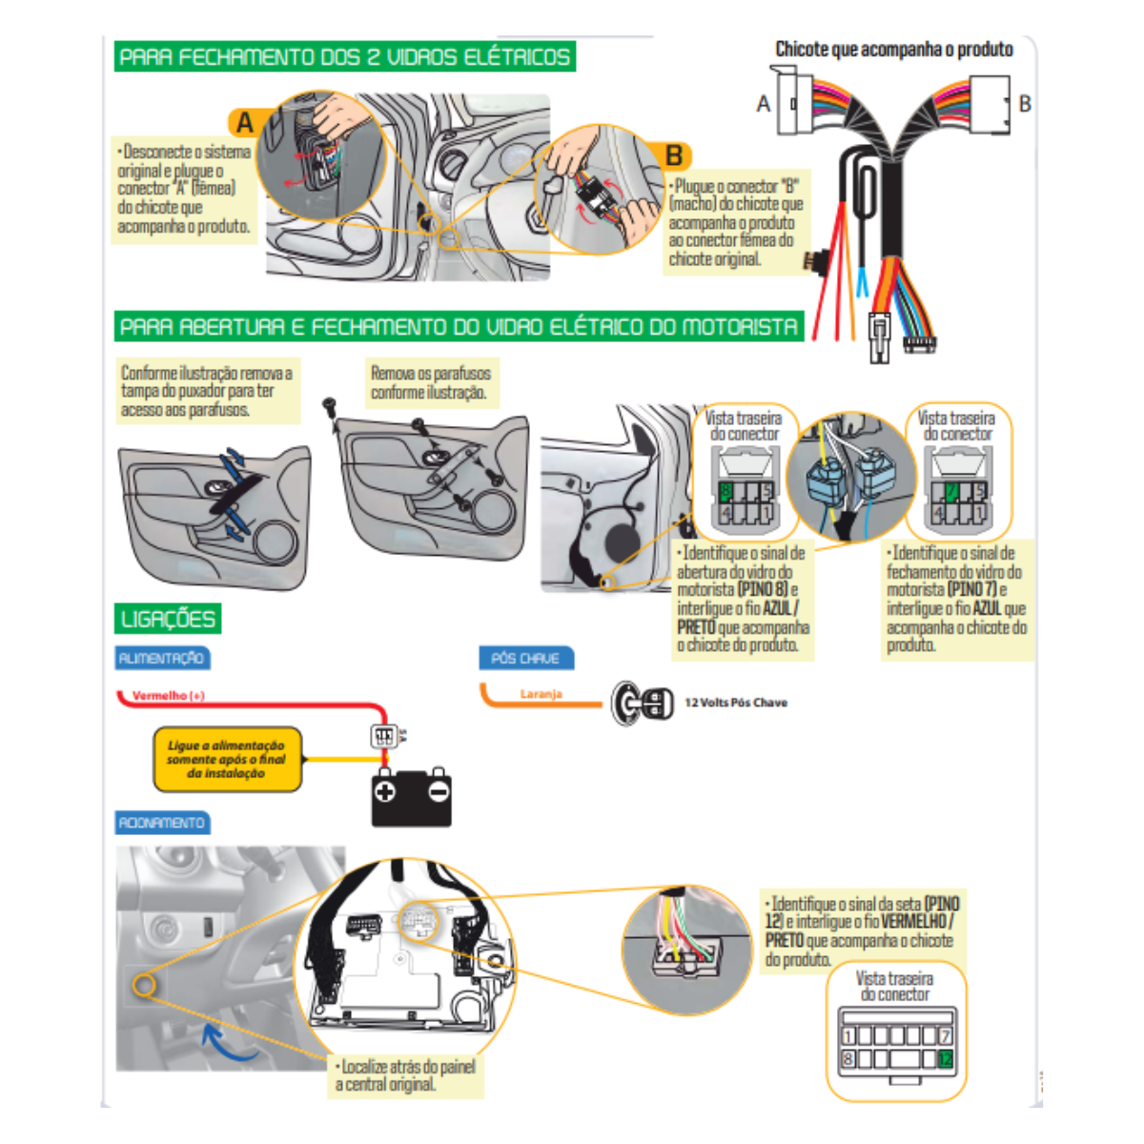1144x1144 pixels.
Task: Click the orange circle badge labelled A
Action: coord(245,123)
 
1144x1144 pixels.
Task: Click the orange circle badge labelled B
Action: coord(674,155)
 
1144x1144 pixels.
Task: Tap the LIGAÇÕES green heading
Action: coord(168,619)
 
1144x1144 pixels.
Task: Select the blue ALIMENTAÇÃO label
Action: coord(161,658)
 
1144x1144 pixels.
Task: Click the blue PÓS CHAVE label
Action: coord(525,658)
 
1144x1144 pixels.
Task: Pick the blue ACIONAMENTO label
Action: coord(161,822)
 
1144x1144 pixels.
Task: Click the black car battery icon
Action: coord(411,796)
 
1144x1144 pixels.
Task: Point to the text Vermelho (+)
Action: coord(169,696)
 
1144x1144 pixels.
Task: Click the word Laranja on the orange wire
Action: coord(541,694)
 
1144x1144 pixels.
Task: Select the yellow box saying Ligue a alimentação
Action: coord(227,760)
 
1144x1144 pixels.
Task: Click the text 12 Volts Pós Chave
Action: coord(736,703)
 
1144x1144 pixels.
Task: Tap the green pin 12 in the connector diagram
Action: coord(945,1059)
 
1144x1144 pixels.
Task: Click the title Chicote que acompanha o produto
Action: coord(893,49)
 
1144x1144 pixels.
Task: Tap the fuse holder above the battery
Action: coord(383,736)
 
